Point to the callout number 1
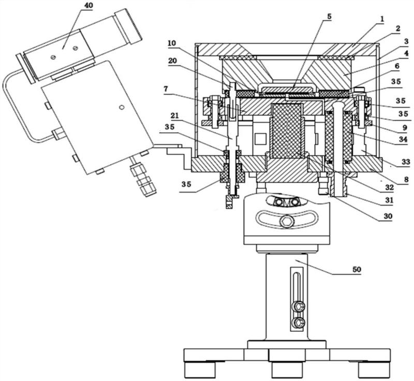382,19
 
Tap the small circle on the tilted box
121,108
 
